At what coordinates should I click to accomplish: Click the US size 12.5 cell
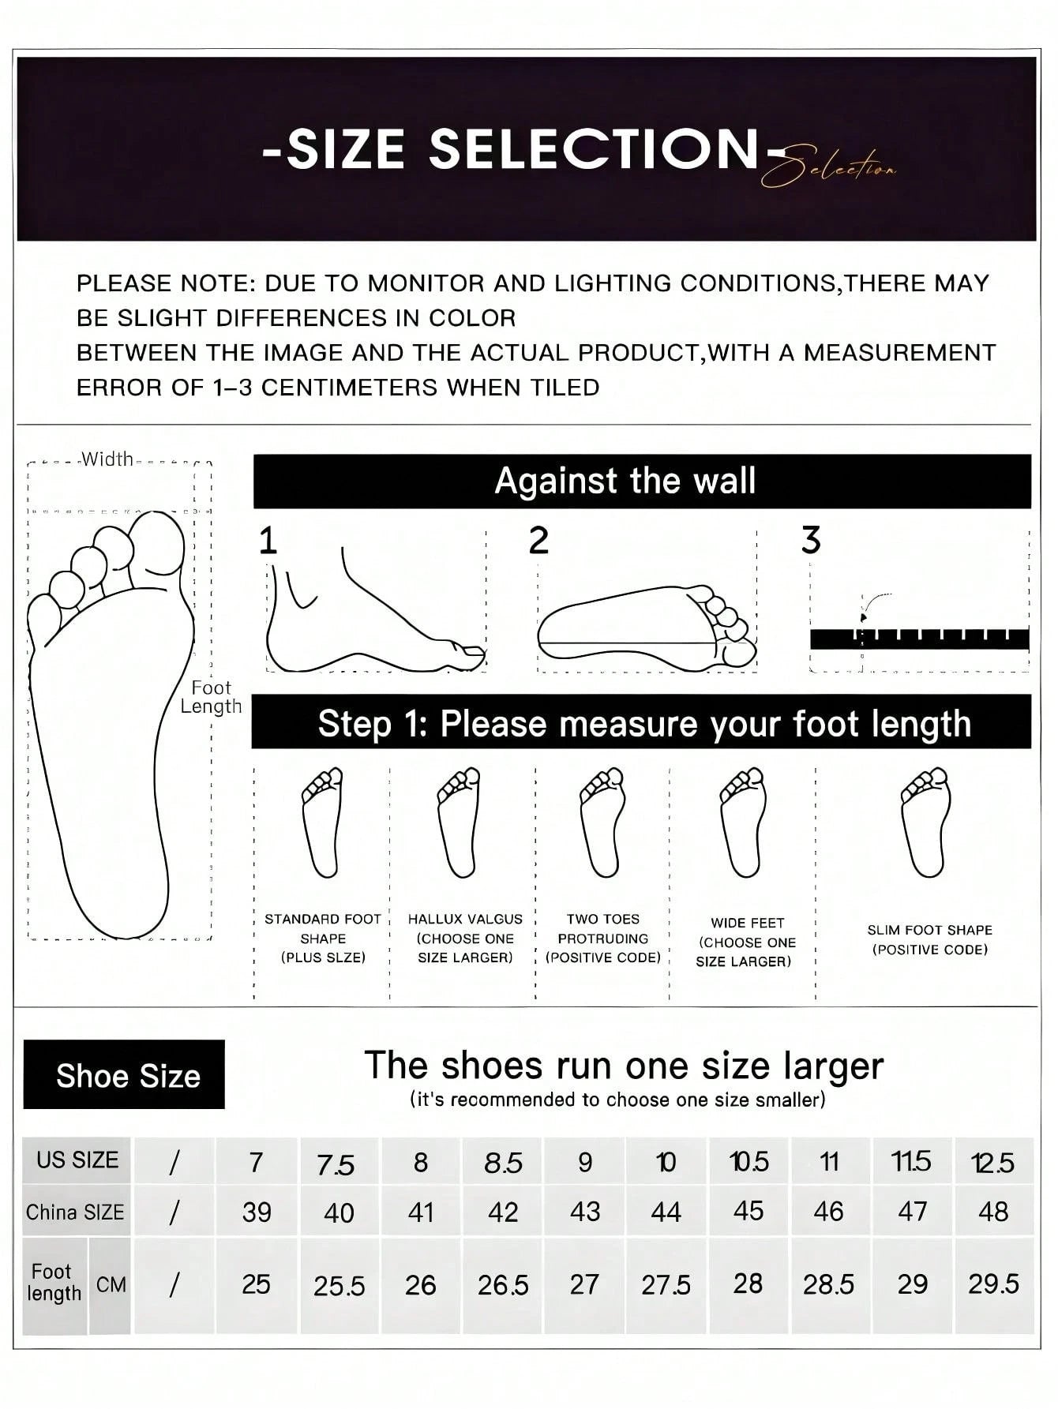(x=993, y=1162)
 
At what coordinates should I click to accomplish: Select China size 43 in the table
(x=585, y=1212)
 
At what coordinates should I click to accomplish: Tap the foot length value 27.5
(x=666, y=1285)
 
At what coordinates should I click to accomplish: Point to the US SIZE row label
(x=77, y=1160)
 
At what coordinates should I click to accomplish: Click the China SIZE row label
(x=76, y=1212)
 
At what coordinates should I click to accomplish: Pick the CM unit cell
(x=111, y=1285)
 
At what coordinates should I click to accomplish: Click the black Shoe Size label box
(x=125, y=1075)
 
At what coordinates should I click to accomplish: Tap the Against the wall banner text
(x=625, y=481)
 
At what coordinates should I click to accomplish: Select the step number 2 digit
(x=538, y=541)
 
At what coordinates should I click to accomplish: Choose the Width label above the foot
(x=107, y=459)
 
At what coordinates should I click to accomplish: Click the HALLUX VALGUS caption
(x=465, y=938)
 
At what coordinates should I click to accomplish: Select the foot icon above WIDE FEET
(x=742, y=823)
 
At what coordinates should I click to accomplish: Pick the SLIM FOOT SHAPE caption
(x=929, y=939)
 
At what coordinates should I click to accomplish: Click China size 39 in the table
(x=257, y=1212)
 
